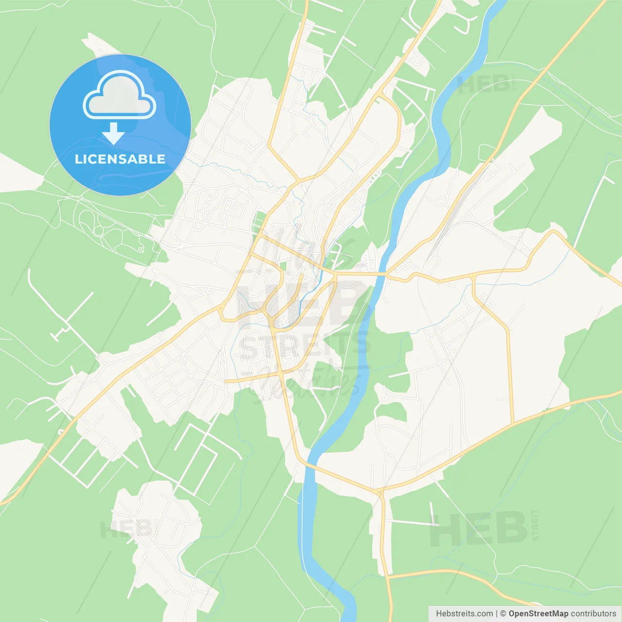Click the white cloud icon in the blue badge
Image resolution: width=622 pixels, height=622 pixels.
pyautogui.click(x=120, y=95)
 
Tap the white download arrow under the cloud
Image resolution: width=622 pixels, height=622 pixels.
pyautogui.click(x=113, y=133)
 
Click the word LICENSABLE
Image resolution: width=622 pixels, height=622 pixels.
pyautogui.click(x=120, y=159)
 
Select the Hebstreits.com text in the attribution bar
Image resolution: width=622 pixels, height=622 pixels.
pyautogui.click(x=464, y=614)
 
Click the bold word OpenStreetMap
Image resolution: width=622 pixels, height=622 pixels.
pyautogui.click(x=538, y=614)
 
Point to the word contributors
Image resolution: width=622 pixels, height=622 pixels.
pyautogui.click(x=593, y=614)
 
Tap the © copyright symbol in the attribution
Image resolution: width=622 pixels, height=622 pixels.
pyautogui.click(x=503, y=614)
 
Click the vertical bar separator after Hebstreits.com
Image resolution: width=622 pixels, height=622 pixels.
pyautogui.click(x=497, y=614)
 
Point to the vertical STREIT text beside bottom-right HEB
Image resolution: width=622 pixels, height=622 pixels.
pyautogui.click(x=535, y=525)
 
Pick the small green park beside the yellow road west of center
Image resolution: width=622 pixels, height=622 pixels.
pyautogui.click(x=259, y=221)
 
